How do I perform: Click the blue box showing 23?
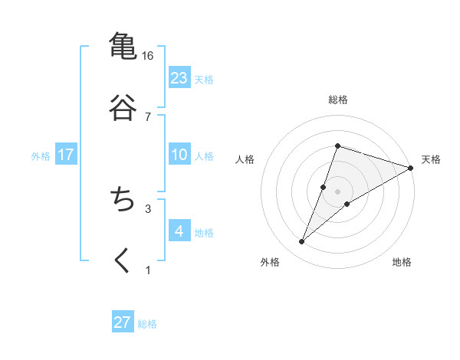(x=179, y=78)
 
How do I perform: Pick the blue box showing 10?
(x=179, y=155)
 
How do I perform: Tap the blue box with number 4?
(x=179, y=231)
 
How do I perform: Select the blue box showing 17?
(x=66, y=155)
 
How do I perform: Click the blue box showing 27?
(x=123, y=322)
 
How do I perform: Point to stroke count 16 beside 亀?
(x=147, y=55)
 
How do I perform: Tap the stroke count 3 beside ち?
(x=147, y=208)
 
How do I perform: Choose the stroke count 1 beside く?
(x=147, y=270)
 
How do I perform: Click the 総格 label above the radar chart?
(x=338, y=100)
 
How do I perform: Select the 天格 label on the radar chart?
(x=431, y=159)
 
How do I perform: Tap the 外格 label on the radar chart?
(x=270, y=262)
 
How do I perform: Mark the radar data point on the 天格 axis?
(x=411, y=168)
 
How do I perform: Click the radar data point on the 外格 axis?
(x=302, y=242)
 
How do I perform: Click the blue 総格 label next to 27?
(x=147, y=323)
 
